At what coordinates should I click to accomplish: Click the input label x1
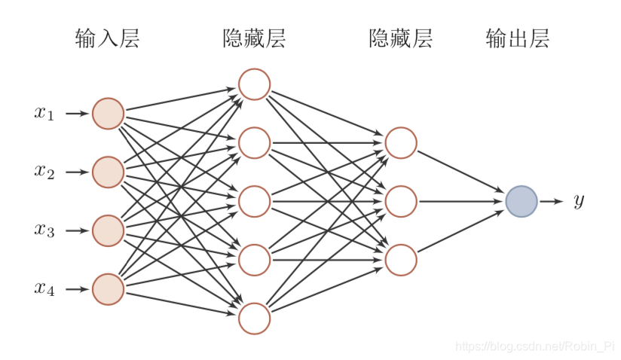click(x=44, y=114)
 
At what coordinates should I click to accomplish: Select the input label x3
click(x=44, y=230)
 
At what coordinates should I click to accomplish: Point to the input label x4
click(x=44, y=288)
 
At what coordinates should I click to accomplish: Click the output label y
click(x=578, y=201)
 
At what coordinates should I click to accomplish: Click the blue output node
click(x=522, y=201)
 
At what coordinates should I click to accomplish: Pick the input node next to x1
click(x=108, y=114)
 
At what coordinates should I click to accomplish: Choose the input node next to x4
click(x=108, y=289)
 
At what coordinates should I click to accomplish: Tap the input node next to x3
click(x=108, y=230)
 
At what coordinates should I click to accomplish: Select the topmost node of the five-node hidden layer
click(x=254, y=84)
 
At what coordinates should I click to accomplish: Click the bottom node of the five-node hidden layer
click(x=254, y=318)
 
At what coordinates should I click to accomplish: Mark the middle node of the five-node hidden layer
click(x=254, y=201)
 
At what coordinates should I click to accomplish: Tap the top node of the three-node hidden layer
click(x=401, y=142)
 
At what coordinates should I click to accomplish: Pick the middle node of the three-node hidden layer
click(x=401, y=201)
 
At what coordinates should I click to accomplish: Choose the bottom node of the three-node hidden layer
click(x=401, y=260)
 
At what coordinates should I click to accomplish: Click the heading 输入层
click(x=108, y=38)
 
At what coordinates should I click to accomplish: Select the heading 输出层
click(x=518, y=38)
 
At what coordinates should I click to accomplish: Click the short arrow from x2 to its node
click(x=77, y=172)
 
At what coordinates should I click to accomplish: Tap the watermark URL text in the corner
click(x=536, y=346)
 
